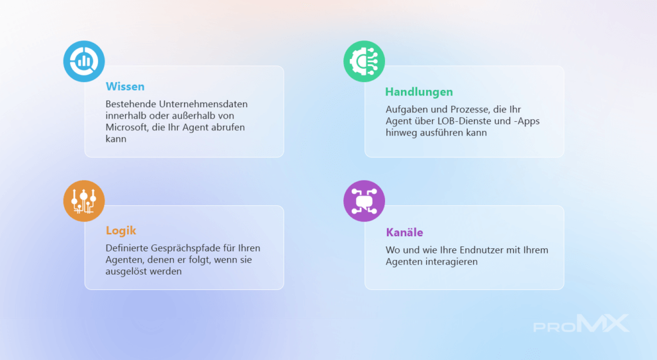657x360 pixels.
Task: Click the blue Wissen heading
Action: click(125, 87)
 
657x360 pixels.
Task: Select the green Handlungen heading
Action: click(419, 92)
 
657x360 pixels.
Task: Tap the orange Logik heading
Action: click(121, 230)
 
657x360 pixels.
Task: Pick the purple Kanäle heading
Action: click(404, 232)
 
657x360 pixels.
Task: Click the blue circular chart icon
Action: click(84, 61)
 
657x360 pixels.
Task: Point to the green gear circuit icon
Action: click(364, 61)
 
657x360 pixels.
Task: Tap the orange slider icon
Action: click(84, 201)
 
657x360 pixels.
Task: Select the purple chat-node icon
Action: click(364, 201)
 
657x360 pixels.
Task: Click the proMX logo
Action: click(581, 323)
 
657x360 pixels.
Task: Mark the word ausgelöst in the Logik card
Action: click(124, 271)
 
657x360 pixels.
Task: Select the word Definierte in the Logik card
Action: click(126, 248)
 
